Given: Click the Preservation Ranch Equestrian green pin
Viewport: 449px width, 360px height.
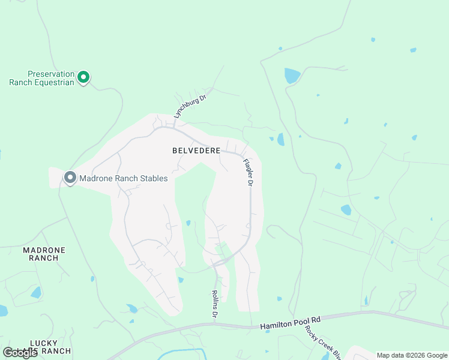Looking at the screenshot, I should coord(85,77).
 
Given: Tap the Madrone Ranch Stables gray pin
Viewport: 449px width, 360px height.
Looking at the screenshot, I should coord(70,178).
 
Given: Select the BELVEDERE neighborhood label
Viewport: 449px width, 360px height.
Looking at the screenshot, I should coord(196,151).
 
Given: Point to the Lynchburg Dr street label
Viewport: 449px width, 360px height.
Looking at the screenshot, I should coord(190,106).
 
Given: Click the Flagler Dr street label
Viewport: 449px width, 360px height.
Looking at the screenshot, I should coord(248,172).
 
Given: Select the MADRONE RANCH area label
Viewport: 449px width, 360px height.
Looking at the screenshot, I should coord(44,254).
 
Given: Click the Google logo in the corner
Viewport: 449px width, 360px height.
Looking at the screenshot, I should coord(19,353).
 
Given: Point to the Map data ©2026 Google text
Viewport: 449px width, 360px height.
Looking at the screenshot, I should coord(412,355).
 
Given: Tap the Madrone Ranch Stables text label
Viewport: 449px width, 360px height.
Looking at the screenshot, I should coord(124,178).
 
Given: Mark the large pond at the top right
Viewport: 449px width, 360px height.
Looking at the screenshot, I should coord(292,76).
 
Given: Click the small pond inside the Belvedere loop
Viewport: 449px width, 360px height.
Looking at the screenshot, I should coord(188,223).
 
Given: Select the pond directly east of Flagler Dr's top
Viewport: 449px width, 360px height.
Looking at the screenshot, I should coord(280,139).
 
